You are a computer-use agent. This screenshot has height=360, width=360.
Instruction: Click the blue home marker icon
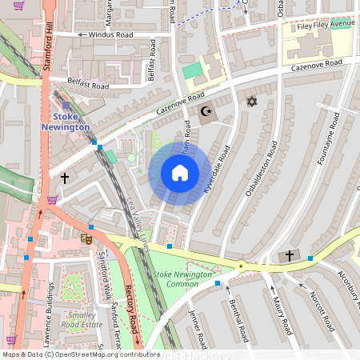(180, 173)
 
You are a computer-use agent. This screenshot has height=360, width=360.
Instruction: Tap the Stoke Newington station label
(66, 122)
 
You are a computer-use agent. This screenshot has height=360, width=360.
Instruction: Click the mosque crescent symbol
(206, 112)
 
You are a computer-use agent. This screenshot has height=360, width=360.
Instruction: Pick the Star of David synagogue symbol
(252, 102)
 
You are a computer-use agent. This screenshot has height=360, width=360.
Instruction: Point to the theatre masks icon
(86, 238)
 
